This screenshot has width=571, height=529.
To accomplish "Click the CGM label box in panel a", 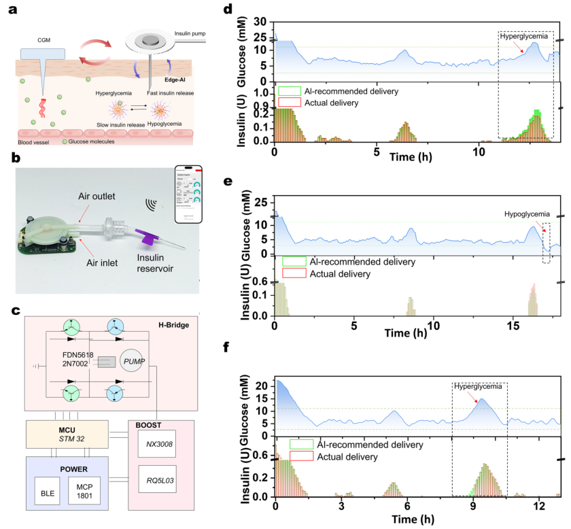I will pos(42,53).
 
